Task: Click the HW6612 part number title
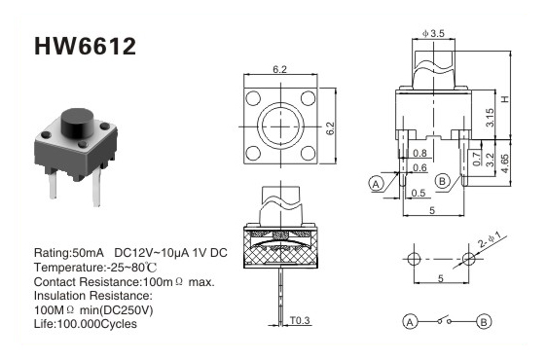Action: coord(85,47)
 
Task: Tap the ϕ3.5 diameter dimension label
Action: coord(433,33)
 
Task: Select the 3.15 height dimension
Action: coord(490,118)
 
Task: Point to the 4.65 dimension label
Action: coord(505,163)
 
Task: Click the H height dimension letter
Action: coord(505,99)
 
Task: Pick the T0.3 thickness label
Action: coord(300,320)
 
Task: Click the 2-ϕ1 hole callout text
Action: coord(490,240)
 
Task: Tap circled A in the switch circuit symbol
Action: coord(411,322)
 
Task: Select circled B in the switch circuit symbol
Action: coord(484,322)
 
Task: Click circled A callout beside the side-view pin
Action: coord(376,184)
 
